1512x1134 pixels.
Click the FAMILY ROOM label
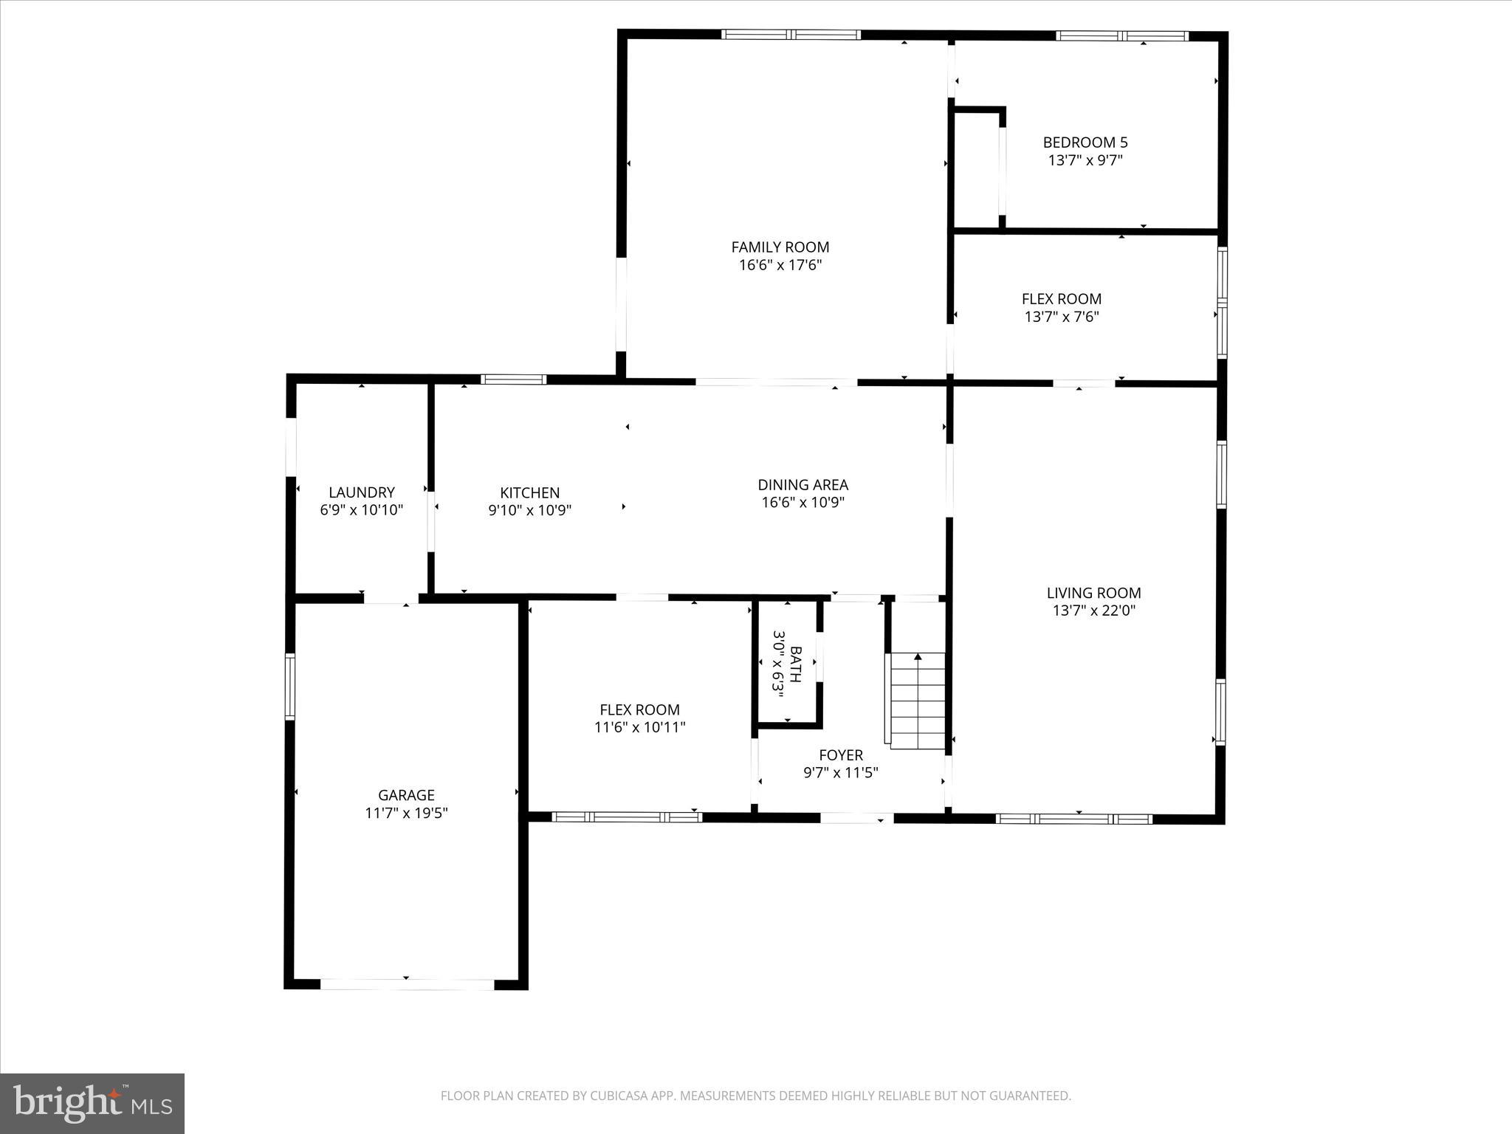780,247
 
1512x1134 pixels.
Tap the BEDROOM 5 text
1085,142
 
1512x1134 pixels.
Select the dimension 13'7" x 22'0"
1093,611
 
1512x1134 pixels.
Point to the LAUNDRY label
361,492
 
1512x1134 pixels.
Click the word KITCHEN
529,492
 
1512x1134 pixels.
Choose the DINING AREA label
803,485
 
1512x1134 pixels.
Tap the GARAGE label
406,795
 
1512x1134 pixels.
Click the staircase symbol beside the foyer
917,701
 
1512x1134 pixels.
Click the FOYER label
840,755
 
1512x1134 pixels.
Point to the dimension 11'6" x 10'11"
639,727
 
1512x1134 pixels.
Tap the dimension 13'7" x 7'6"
1062,317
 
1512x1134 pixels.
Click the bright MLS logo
92,1104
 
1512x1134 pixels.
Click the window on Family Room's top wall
791,34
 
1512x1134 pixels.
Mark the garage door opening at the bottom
407,984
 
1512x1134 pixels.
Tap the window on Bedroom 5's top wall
1121,35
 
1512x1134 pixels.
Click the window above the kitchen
513,379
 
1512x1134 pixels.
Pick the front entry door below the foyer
856,818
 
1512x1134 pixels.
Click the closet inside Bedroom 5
976,170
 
